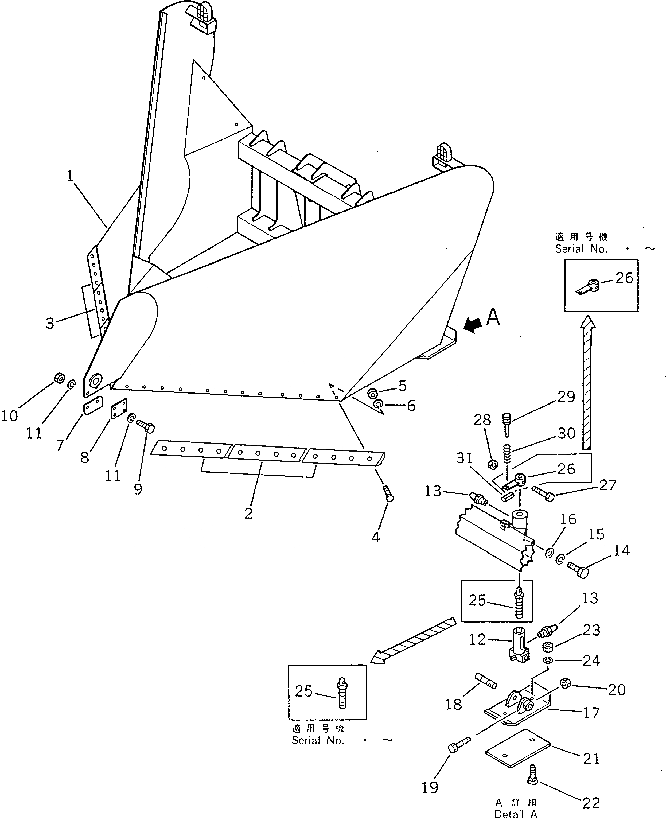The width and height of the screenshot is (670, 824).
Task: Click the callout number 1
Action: (70, 177)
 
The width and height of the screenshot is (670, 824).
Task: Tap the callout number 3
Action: (50, 323)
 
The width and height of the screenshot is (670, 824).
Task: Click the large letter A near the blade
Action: (493, 318)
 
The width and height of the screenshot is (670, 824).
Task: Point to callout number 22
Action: (591, 803)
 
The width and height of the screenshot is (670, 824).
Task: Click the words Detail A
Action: (516, 814)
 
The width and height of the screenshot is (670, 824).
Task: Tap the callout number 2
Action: (248, 513)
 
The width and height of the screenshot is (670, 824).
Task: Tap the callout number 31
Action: (464, 458)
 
